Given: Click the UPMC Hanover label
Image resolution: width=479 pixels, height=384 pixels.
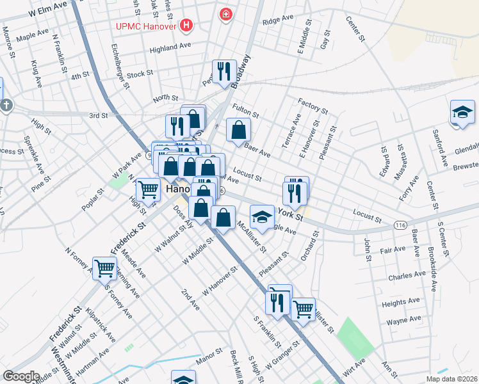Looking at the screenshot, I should click(147, 26).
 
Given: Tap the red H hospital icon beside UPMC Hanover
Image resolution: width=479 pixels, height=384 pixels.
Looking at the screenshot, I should click(186, 26).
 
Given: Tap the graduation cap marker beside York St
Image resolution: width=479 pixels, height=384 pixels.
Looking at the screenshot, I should click(261, 217).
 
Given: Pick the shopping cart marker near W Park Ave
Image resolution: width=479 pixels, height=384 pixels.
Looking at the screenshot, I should click(148, 189).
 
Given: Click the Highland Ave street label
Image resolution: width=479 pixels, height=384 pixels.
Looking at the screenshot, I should click(170, 48).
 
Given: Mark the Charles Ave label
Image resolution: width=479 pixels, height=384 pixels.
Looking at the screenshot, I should click(407, 276).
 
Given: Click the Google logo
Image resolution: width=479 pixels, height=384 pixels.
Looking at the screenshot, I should click(20, 376).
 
